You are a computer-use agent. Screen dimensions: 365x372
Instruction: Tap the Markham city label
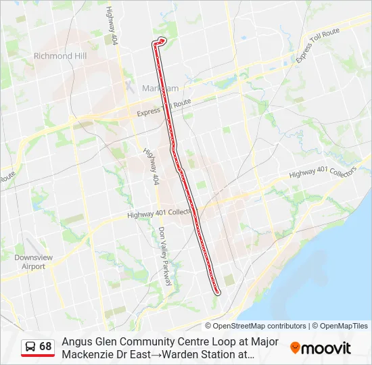160,89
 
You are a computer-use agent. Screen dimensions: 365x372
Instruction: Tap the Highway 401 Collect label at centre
160,214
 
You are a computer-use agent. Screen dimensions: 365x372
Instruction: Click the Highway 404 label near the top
112,26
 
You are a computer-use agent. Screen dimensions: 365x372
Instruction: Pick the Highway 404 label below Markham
151,166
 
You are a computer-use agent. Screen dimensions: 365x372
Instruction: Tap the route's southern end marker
217,292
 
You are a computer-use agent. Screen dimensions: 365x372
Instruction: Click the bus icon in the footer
30,347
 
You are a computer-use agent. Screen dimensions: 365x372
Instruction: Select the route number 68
45,347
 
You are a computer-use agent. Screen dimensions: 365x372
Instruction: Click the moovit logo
321,348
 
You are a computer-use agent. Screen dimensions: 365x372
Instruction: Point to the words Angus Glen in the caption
87,342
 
